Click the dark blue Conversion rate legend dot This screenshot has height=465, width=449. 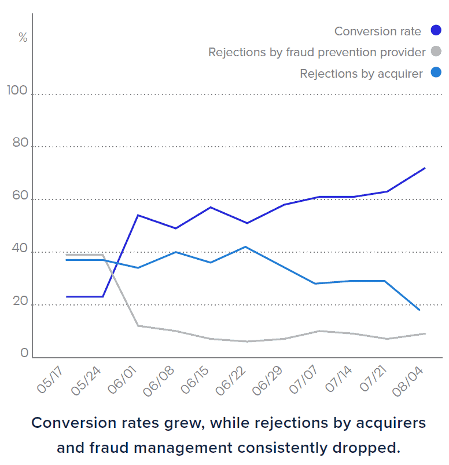coord(436,31)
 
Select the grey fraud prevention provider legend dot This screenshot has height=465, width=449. coord(436,52)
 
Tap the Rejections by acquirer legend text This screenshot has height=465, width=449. coord(361,74)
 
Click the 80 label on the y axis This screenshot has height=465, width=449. coord(20,143)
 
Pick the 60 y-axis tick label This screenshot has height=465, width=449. coord(20,196)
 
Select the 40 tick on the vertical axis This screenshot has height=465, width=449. coord(20,248)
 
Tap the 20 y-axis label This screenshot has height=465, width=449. coord(20,301)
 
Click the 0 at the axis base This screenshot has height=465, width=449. coord(24,353)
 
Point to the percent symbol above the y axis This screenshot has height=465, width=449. coord(23,38)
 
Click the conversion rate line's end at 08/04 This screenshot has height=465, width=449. coord(425,168)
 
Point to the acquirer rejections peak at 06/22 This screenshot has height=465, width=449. coord(246,247)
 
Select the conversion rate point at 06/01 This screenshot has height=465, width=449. coord(138,215)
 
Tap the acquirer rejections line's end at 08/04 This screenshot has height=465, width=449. coord(419,310)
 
